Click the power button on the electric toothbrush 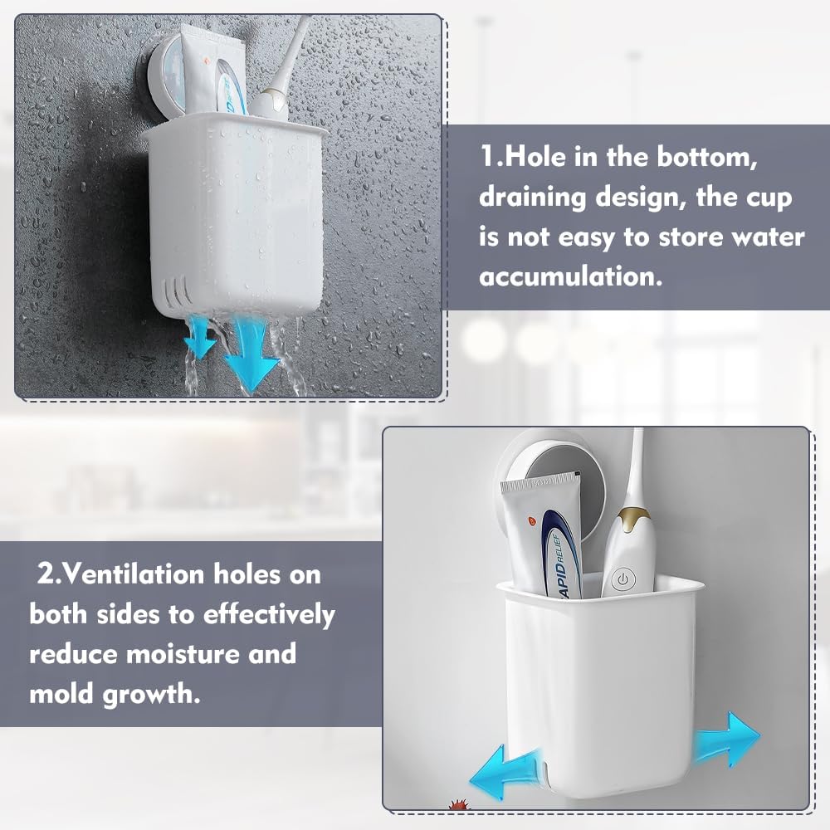pos(623,579)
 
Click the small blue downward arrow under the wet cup pos(200,335)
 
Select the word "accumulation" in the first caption pos(571,276)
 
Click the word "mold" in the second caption pos(61,693)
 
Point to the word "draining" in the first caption pos(533,198)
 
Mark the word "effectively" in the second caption pos(269,615)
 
